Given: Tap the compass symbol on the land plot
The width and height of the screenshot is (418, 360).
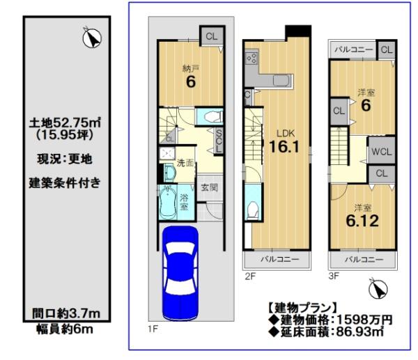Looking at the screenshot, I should click(89, 38).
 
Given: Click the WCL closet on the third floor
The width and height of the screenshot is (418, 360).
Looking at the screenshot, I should click(380, 150).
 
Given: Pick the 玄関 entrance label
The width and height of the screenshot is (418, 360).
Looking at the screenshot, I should click(209, 187).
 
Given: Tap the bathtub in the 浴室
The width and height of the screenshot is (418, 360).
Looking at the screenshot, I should click(168, 204).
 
